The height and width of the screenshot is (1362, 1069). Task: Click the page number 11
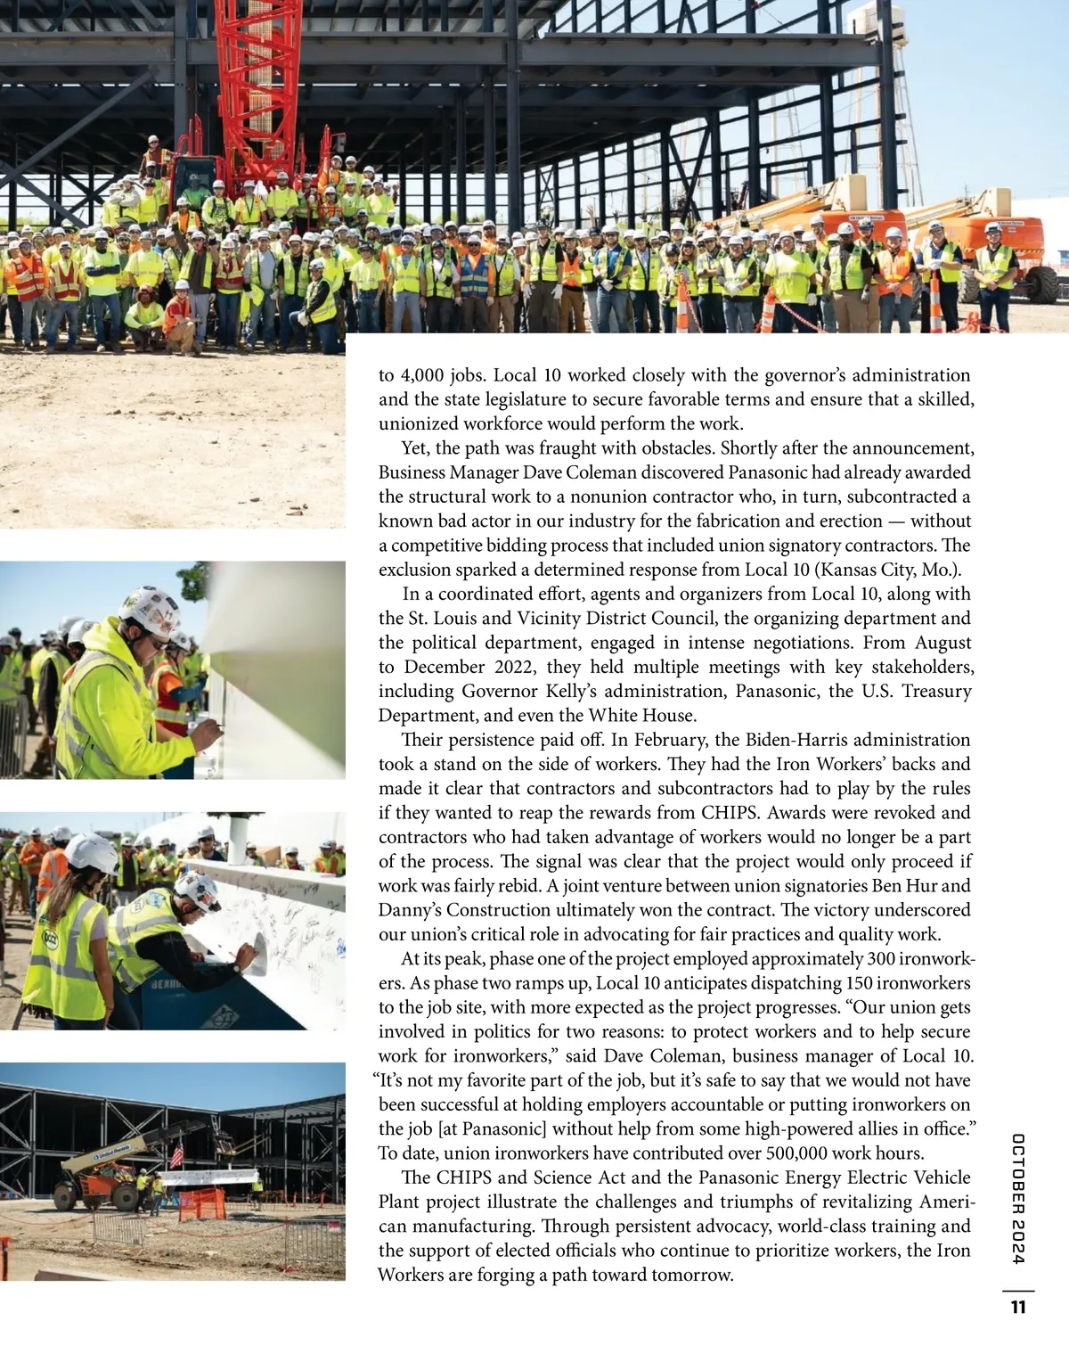point(1018,1308)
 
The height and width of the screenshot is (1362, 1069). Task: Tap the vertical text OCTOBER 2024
point(1018,1198)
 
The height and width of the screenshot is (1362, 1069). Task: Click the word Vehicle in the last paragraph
point(940,1177)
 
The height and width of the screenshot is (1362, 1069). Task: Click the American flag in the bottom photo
point(176,1156)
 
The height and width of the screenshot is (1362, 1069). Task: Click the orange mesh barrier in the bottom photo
point(203,1204)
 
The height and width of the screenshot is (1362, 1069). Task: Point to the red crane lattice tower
point(259,89)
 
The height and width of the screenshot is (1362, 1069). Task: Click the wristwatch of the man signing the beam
point(238,965)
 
